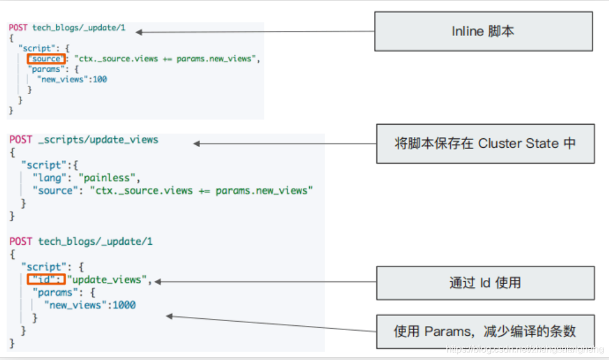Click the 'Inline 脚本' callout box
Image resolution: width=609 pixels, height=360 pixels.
coord(484,32)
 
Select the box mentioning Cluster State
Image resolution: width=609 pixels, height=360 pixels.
coord(485,143)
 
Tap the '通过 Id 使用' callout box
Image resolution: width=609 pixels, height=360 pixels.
coord(485,283)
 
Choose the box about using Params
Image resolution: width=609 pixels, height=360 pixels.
coord(485,331)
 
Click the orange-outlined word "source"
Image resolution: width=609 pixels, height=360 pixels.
coord(46,59)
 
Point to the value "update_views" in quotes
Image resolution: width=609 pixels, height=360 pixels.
coord(108,280)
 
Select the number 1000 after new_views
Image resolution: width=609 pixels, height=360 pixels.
coord(124,305)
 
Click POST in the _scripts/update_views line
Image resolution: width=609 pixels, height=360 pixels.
coord(21,140)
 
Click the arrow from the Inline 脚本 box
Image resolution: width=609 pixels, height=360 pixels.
coord(253,32)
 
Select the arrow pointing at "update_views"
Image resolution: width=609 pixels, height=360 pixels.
coord(265,282)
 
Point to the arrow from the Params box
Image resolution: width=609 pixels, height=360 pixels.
coord(270,324)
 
